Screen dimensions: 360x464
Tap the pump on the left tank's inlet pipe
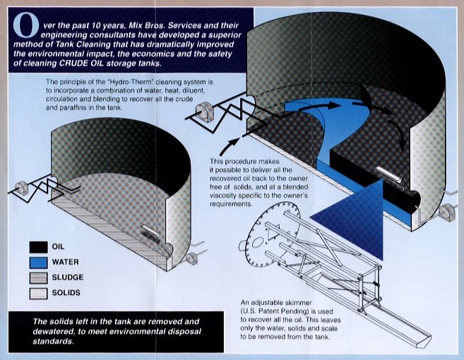click(21, 189)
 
